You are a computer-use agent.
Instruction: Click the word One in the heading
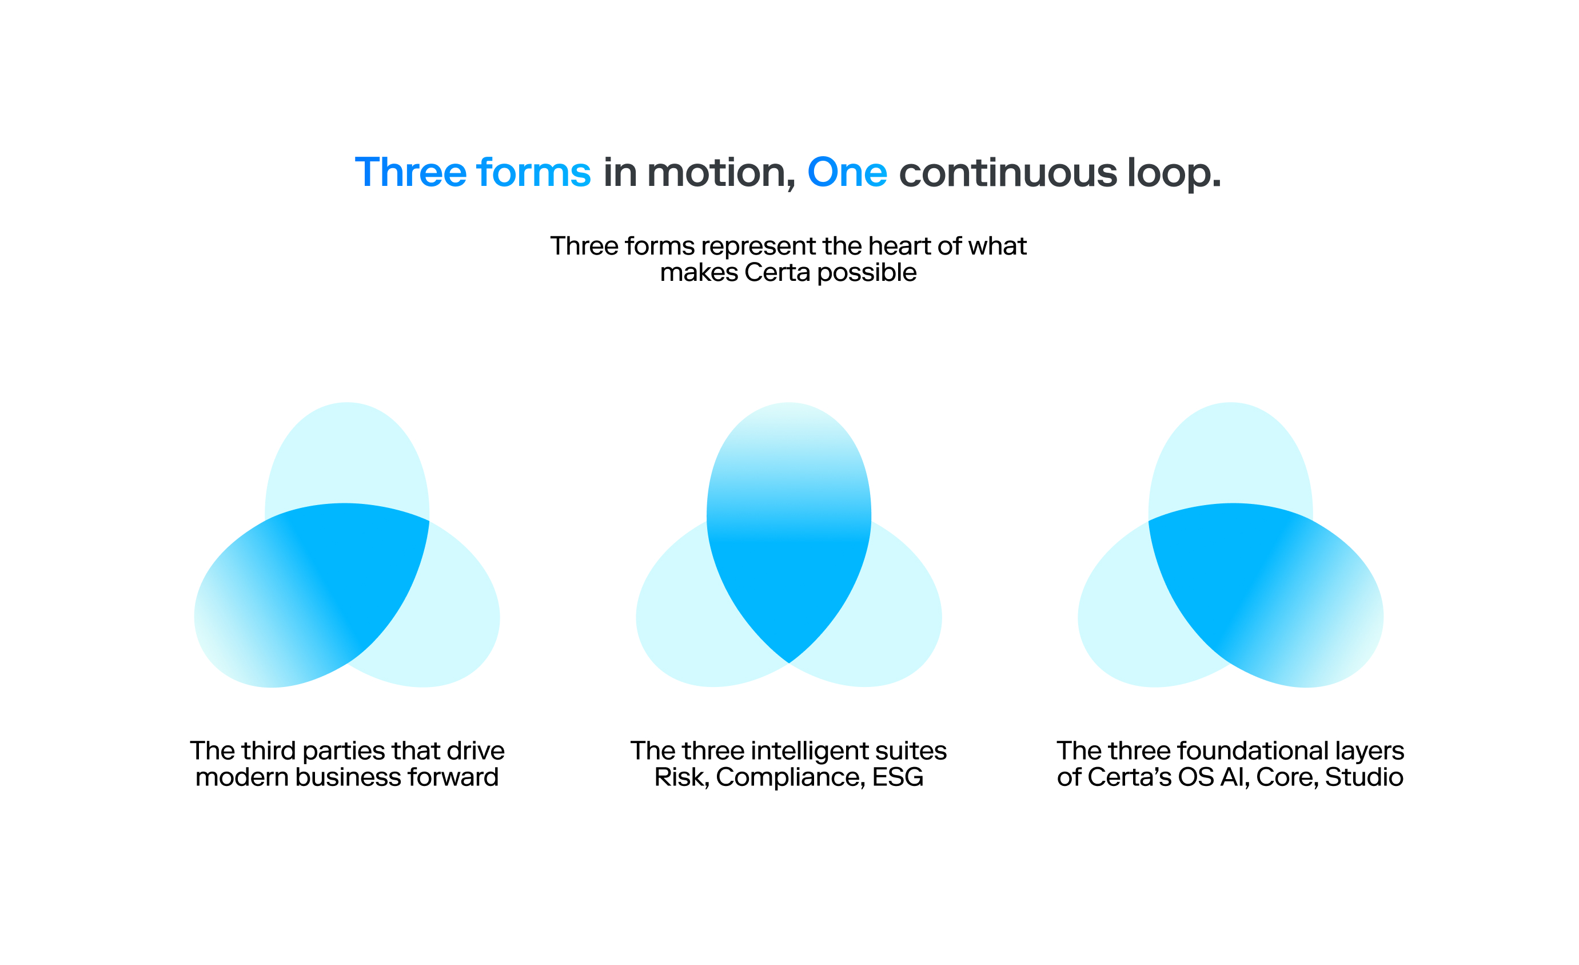(x=847, y=173)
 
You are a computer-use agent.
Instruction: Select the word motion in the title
(x=717, y=173)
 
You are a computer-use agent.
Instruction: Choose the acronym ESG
(x=898, y=777)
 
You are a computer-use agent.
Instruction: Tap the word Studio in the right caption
(x=1363, y=777)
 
